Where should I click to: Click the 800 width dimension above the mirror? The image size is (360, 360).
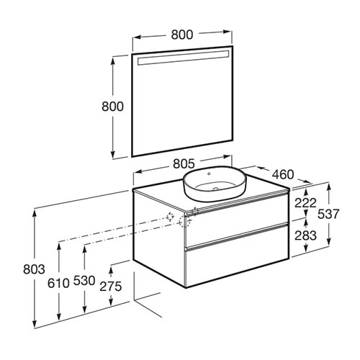182,35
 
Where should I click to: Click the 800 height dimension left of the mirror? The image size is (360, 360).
112,107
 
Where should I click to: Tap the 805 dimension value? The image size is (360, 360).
184,163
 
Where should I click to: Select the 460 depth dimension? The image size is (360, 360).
283,174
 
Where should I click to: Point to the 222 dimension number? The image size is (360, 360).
305,203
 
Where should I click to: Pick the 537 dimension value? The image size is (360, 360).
328,214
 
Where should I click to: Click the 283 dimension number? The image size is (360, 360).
305,235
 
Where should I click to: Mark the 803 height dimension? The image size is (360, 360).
34,269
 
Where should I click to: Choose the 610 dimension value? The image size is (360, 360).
58,283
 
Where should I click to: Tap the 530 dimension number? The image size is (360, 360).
84,281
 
